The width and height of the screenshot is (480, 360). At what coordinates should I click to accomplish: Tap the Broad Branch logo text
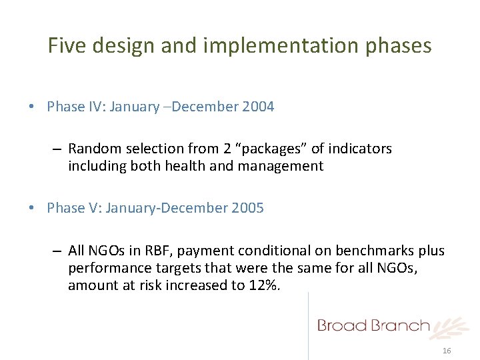[x=373, y=325]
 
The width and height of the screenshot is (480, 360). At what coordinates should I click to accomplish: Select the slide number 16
[x=447, y=351]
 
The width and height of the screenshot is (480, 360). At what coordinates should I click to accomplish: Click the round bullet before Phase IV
[x=33, y=107]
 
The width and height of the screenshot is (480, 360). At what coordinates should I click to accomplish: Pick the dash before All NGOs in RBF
[x=58, y=251]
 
